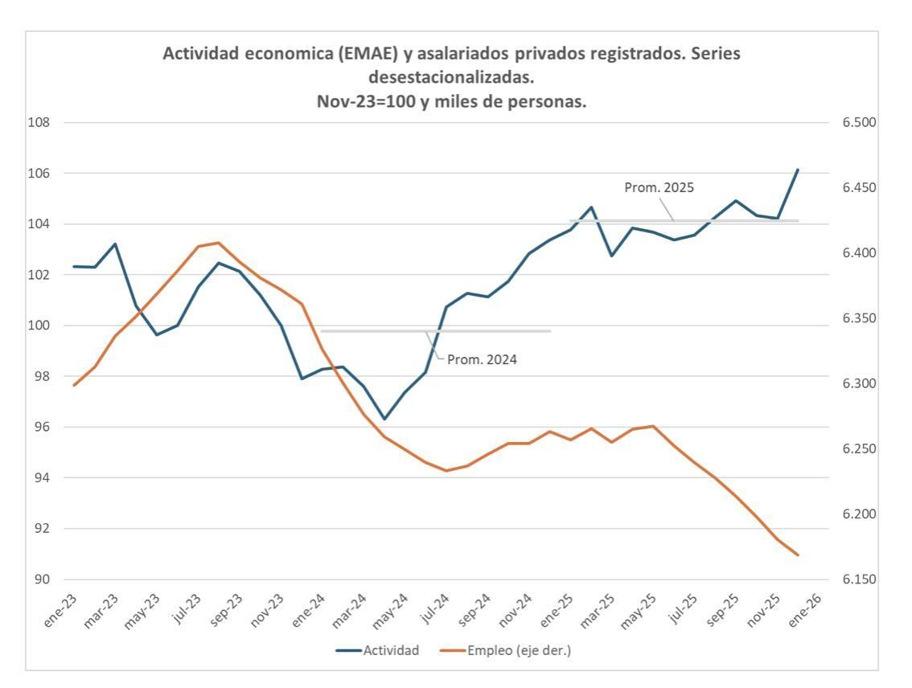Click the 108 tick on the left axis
tap(40, 123)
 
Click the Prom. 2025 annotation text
tap(659, 187)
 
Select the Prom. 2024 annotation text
tap(482, 359)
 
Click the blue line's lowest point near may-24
tap(384, 419)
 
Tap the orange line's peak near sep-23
tap(219, 243)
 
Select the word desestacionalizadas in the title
tap(450, 78)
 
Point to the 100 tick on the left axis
tap(40, 326)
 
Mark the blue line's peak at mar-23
tap(115, 244)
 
